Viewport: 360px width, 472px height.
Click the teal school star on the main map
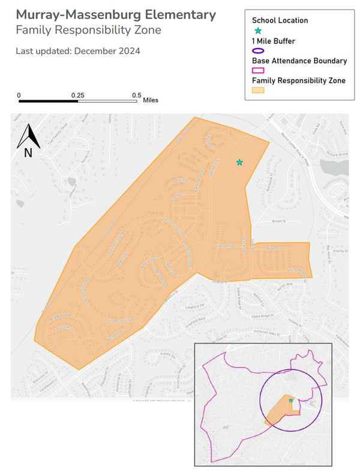239,162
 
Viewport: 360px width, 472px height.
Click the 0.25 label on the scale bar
77,95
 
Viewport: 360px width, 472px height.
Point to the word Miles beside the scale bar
151,100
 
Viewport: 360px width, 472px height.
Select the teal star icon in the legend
258,31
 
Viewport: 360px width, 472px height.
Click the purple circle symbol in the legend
259,51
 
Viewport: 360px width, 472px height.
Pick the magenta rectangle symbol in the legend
259,71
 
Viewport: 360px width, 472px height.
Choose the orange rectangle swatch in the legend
259,91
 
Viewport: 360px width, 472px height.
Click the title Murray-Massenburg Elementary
116,14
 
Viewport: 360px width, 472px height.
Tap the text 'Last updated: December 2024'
78,51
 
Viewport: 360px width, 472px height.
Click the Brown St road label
277,222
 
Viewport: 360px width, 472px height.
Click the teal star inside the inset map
290,400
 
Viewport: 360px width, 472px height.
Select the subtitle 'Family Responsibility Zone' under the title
88,29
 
